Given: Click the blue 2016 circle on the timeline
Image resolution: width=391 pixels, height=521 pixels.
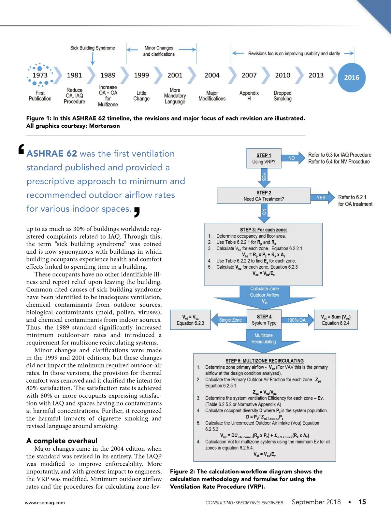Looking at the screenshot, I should point(352,77).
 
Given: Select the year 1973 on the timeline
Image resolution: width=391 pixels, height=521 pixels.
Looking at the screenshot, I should point(40,75).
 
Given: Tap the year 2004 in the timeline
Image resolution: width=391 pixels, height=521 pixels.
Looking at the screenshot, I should point(212,75).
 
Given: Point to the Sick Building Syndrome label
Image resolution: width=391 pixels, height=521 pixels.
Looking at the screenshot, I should point(93,48).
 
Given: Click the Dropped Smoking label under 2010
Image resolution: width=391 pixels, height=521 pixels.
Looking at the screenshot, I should point(282,96).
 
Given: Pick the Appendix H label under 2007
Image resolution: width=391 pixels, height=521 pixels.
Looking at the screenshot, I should point(249,96).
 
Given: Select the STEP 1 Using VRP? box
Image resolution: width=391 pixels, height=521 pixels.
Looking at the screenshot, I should point(264,158).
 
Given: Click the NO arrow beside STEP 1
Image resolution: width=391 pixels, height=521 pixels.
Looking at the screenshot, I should point(292,158).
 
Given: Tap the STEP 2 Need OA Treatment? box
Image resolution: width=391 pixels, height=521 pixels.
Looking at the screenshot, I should point(264,196).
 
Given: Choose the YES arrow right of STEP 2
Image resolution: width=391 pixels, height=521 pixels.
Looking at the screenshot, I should point(322,197).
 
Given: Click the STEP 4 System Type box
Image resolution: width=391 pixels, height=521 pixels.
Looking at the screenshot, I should point(264,320).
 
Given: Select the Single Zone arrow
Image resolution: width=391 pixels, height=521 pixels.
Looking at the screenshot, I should point(229,320).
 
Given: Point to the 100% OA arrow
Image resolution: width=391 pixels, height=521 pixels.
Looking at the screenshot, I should point(297,320).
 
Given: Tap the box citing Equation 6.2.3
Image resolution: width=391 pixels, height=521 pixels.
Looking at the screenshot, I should point(190,320).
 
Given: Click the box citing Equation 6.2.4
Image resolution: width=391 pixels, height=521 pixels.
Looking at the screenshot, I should point(336,320).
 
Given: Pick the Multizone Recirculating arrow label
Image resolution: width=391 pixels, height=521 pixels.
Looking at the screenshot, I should point(263,339).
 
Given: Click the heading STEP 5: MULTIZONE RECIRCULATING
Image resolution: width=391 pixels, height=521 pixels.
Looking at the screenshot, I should point(265,361).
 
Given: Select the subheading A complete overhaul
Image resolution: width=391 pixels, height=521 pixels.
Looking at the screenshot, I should point(62,441).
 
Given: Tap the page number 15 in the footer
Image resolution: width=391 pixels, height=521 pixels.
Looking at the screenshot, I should point(362,502).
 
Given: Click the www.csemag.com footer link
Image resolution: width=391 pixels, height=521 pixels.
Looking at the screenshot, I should point(45,502).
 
